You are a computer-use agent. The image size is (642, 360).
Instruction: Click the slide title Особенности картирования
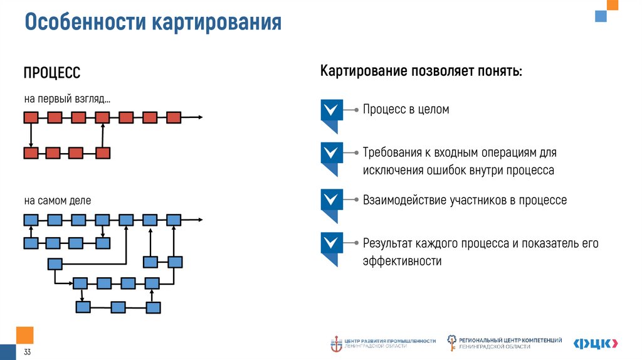coord(153,23)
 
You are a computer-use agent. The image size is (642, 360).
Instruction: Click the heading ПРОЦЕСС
coord(52,73)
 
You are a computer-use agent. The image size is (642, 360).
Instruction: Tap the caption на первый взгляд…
coord(67,99)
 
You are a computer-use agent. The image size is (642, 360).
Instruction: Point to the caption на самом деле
coord(58,201)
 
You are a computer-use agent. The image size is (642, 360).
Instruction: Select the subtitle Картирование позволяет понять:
coord(421,71)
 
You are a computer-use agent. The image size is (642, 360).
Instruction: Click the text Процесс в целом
coord(406,109)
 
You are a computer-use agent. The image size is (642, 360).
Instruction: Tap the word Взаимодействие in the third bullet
coord(404,200)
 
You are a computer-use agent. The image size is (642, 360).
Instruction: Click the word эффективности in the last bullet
coord(402,261)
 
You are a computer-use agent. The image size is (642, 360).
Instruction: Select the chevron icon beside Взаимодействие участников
coord(332,200)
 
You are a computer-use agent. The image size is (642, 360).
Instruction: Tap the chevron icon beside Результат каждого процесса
coord(332,243)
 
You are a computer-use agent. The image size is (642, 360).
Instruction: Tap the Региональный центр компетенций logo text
coord(510,342)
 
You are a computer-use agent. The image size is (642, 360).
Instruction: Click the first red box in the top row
coord(31,117)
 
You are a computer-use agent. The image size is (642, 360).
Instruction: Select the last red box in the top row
coord(174,117)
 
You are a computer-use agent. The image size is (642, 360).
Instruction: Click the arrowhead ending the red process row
coord(200,117)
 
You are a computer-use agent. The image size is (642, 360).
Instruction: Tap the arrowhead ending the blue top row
coord(200,220)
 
